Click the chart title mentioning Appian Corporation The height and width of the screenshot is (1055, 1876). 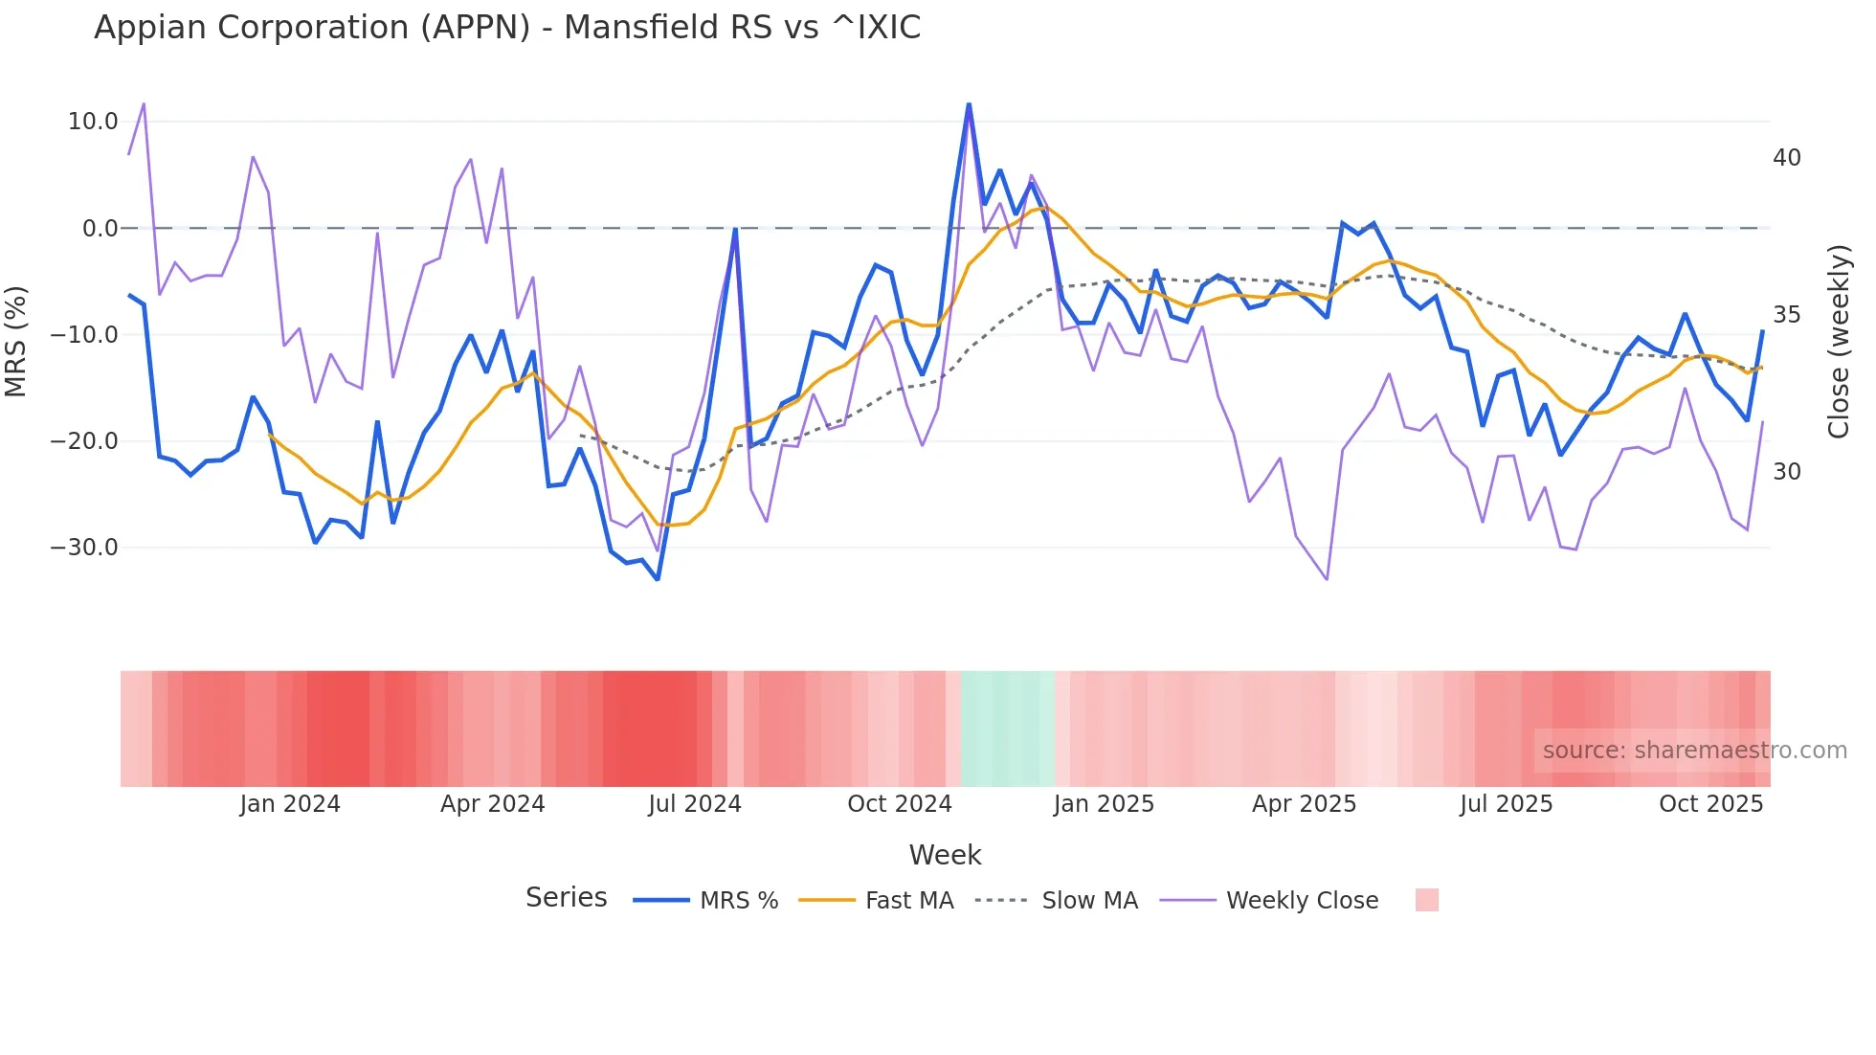(507, 28)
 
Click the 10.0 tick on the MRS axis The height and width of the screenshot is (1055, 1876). (93, 122)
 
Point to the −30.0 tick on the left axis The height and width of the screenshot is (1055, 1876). (84, 548)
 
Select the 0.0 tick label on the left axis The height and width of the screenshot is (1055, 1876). (100, 229)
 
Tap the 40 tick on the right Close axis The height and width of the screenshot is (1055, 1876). (1786, 158)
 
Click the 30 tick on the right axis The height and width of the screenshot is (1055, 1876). (1786, 472)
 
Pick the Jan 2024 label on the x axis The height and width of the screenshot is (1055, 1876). (289, 804)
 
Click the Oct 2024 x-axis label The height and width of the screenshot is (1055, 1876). (899, 804)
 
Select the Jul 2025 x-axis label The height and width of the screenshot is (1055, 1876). (1506, 804)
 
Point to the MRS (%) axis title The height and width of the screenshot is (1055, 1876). (16, 342)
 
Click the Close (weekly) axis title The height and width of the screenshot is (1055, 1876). (1839, 342)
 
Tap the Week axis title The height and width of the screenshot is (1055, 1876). (945, 855)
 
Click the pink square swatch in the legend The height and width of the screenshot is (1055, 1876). (1426, 901)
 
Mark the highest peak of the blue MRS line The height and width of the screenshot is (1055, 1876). (969, 104)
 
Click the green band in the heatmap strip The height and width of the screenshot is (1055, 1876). (1007, 729)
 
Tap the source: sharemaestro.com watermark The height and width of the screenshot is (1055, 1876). (1694, 751)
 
